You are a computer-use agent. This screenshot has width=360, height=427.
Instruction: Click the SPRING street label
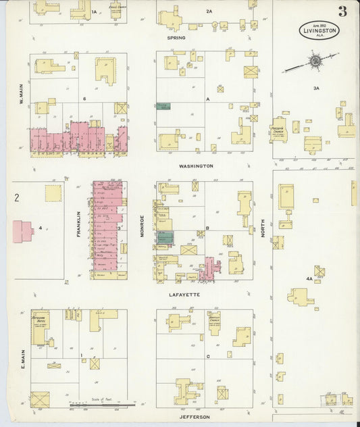pos(176,38)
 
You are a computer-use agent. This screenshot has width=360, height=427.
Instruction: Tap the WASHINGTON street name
pos(196,166)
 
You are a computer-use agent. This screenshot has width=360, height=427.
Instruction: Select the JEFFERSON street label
pos(195,417)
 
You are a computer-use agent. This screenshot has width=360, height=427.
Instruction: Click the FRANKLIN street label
pos(78,222)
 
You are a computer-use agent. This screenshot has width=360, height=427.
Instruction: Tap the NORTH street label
pos(263,230)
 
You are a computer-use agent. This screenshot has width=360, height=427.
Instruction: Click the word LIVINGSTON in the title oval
pos(319,30)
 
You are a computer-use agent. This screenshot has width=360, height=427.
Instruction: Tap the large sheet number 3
pos(343,11)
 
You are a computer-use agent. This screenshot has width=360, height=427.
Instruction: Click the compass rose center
pos(314,62)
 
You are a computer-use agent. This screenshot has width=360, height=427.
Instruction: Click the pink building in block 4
pos(22,231)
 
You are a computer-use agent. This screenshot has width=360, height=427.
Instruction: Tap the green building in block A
pos(163,106)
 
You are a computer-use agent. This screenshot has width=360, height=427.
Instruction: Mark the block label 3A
pos(316,89)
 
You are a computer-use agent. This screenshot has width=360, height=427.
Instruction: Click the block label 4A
pos(309,278)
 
